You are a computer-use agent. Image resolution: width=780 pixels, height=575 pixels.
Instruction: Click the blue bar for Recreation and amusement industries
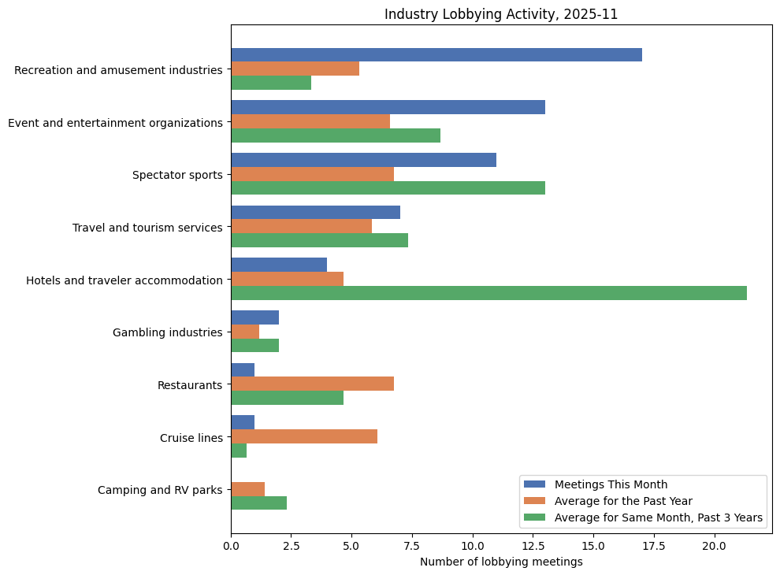tap(436, 55)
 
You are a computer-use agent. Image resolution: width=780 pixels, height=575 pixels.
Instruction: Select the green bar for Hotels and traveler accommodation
tap(488, 293)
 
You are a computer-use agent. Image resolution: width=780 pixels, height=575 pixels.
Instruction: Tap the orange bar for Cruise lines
tap(304, 436)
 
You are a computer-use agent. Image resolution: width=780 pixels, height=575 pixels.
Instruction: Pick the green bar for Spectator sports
tap(388, 188)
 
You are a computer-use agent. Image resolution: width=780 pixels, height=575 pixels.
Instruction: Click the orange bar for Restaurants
tap(312, 384)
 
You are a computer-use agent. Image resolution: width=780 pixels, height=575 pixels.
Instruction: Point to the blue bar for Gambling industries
tap(254, 317)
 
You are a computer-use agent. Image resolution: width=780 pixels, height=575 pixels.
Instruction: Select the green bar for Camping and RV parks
tap(258, 503)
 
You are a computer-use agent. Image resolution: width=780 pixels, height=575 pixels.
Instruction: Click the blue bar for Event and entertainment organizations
tap(388, 107)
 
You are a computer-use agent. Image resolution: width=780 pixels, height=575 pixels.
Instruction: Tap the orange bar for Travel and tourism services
tap(301, 227)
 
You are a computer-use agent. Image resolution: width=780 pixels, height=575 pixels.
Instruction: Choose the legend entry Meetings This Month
tap(611, 484)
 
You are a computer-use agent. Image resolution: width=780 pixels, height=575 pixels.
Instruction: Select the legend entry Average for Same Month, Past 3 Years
tap(658, 517)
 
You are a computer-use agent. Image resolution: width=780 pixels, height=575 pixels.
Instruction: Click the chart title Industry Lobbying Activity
tap(500, 14)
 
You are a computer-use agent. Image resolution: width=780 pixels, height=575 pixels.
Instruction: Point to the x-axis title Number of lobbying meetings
tap(501, 562)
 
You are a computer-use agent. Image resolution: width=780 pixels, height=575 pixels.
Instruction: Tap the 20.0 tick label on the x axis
tap(715, 545)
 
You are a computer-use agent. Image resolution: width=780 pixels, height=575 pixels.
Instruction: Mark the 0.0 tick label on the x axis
tap(231, 545)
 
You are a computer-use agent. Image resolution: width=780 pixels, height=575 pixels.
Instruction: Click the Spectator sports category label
tap(177, 175)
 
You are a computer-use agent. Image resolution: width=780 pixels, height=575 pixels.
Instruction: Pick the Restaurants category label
tap(190, 385)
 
